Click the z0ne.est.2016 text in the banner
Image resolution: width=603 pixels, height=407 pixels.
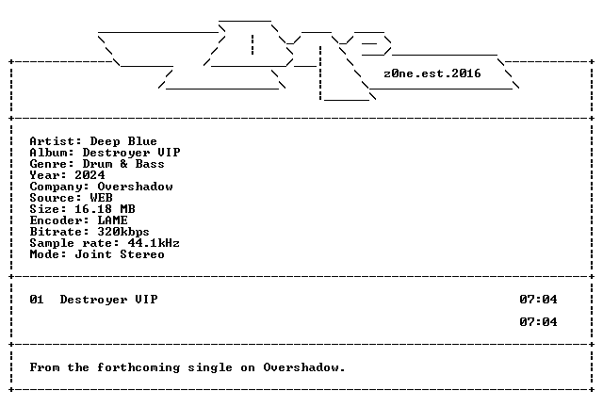click(432, 73)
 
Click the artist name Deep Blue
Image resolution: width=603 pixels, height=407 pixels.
click(123, 141)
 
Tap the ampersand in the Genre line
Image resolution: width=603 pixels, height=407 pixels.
click(123, 164)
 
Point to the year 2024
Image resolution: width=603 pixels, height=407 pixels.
click(90, 175)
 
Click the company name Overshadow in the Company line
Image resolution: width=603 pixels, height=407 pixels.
click(135, 187)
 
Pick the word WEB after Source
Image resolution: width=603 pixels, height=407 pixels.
click(101, 198)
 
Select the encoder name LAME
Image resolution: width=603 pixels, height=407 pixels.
click(112, 220)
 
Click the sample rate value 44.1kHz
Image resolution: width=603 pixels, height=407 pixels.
click(154, 243)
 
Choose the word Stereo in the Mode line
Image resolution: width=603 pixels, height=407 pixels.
click(142, 254)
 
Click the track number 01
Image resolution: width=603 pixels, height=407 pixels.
click(37, 300)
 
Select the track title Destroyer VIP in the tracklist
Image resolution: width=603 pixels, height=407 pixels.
click(109, 300)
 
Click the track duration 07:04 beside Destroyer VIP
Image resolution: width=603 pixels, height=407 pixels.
click(538, 300)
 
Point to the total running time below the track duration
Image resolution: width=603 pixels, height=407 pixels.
click(538, 322)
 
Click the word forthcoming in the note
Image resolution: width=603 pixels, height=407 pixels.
click(139, 367)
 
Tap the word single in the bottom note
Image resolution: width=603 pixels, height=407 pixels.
click(210, 367)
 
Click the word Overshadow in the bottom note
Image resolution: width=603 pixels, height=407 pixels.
click(301, 367)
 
